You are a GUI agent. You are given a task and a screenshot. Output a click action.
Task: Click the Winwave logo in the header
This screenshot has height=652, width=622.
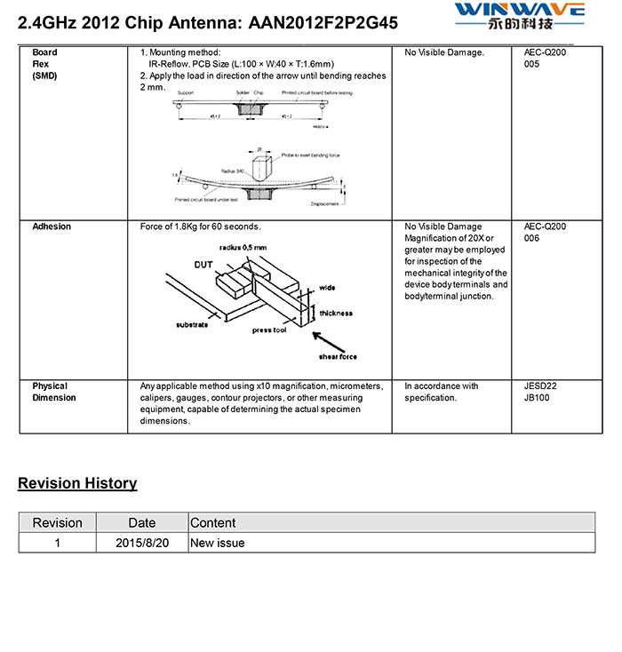click(x=519, y=15)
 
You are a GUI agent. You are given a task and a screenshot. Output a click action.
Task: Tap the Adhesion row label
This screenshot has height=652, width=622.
click(x=52, y=227)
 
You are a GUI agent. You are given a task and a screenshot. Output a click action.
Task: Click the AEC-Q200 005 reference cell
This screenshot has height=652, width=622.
click(x=545, y=59)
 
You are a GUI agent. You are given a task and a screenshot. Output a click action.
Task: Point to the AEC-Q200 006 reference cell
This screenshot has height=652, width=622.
click(x=545, y=233)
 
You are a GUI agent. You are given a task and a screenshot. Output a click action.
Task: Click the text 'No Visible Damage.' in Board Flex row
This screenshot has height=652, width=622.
click(x=444, y=53)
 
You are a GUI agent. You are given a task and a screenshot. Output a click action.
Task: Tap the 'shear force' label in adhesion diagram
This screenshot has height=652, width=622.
click(x=338, y=356)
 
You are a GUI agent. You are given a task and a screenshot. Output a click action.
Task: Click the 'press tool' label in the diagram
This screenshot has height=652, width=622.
click(x=269, y=330)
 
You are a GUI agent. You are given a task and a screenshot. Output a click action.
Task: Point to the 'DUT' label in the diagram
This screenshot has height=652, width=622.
click(x=203, y=265)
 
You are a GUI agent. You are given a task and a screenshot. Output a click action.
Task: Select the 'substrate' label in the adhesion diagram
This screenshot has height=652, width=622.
click(x=192, y=325)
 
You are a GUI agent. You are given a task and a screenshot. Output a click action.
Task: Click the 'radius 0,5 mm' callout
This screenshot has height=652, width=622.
click(x=243, y=248)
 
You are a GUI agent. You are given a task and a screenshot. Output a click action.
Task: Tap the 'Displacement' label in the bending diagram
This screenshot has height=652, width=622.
click(x=325, y=203)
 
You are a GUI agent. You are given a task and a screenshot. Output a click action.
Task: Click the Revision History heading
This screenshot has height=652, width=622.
click(x=77, y=483)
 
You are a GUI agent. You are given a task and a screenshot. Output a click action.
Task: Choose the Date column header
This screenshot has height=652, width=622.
click(x=141, y=523)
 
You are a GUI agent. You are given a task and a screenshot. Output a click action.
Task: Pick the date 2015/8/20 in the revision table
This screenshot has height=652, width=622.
click(x=141, y=543)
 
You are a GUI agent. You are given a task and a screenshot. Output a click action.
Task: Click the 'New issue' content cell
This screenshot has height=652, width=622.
click(x=218, y=543)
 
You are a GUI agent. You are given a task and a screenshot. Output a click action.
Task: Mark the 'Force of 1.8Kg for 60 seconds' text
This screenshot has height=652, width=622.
click(x=200, y=227)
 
